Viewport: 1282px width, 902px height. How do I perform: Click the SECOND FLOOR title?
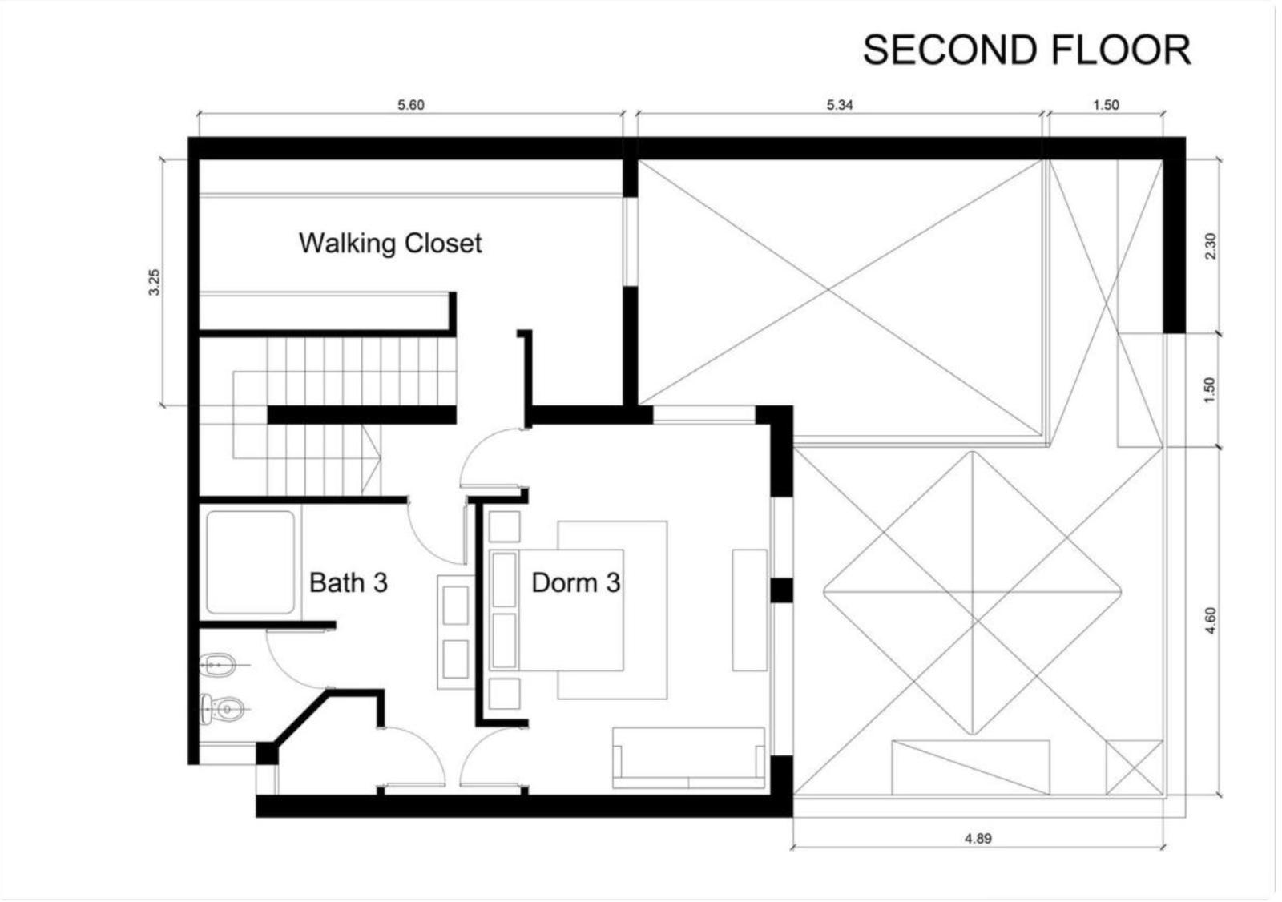coord(1026,50)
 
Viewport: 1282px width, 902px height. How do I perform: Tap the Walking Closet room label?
coord(390,244)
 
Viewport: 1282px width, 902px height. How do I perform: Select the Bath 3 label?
coord(349,582)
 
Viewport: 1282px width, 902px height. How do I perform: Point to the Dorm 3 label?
coord(576,582)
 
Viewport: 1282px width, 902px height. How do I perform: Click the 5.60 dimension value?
coord(411,105)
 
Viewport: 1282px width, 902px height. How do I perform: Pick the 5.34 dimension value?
coord(840,105)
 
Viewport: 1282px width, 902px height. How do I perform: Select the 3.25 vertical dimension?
coord(155,282)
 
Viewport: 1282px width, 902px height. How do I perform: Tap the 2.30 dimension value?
coord(1211,246)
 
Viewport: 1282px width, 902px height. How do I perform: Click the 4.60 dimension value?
coord(1211,620)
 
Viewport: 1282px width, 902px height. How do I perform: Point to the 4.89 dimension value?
coord(978,839)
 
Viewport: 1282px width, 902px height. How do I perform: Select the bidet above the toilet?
coord(218,665)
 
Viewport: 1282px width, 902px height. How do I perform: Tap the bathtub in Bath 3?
coord(250,562)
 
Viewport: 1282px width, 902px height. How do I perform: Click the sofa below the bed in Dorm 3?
coord(688,758)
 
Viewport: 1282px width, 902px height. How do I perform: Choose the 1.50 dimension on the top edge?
coord(1106,105)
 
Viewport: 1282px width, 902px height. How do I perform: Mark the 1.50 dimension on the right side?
coord(1211,390)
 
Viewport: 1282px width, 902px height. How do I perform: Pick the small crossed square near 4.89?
coord(1135,767)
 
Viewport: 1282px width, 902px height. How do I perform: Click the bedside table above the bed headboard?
coord(504,526)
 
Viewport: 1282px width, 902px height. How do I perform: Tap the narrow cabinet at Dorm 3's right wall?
coord(750,610)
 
